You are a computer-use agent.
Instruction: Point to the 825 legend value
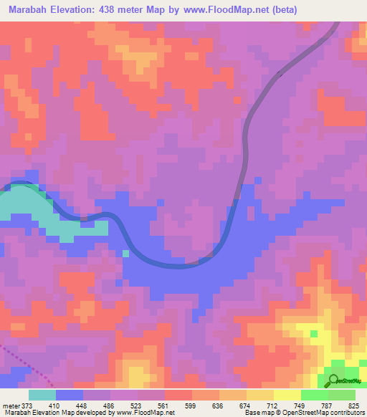(x=355, y=405)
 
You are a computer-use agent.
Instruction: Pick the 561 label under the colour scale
(x=165, y=405)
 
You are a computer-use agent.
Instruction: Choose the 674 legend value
(x=247, y=405)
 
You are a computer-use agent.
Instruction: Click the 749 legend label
(x=301, y=405)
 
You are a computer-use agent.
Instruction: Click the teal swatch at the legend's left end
(x=42, y=395)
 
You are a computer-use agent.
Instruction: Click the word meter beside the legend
(x=11, y=405)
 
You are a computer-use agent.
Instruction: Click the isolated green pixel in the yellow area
(x=314, y=334)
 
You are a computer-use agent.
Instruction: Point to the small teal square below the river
(x=126, y=253)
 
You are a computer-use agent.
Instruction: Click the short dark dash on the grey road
(x=280, y=72)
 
